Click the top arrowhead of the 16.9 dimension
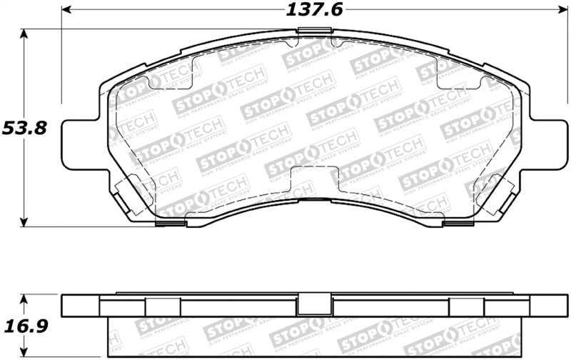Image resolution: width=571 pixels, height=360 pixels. pos(26,298)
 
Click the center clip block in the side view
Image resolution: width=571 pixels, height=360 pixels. pos(315,305)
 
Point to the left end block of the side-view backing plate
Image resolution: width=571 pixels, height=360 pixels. pos(81,306)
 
